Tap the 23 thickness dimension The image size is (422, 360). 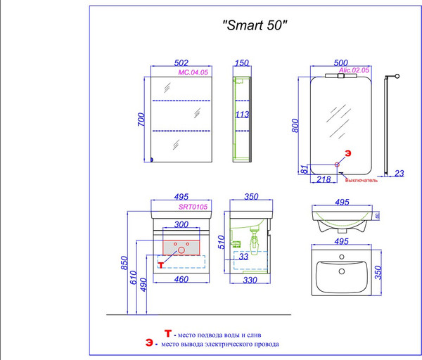click(x=399, y=173)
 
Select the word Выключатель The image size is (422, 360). click(x=362, y=181)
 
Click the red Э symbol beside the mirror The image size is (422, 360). click(x=347, y=153)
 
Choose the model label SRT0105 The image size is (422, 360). click(x=191, y=207)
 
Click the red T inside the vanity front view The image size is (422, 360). click(x=160, y=264)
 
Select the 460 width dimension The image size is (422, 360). click(x=181, y=281)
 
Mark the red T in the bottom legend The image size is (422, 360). click(x=167, y=334)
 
